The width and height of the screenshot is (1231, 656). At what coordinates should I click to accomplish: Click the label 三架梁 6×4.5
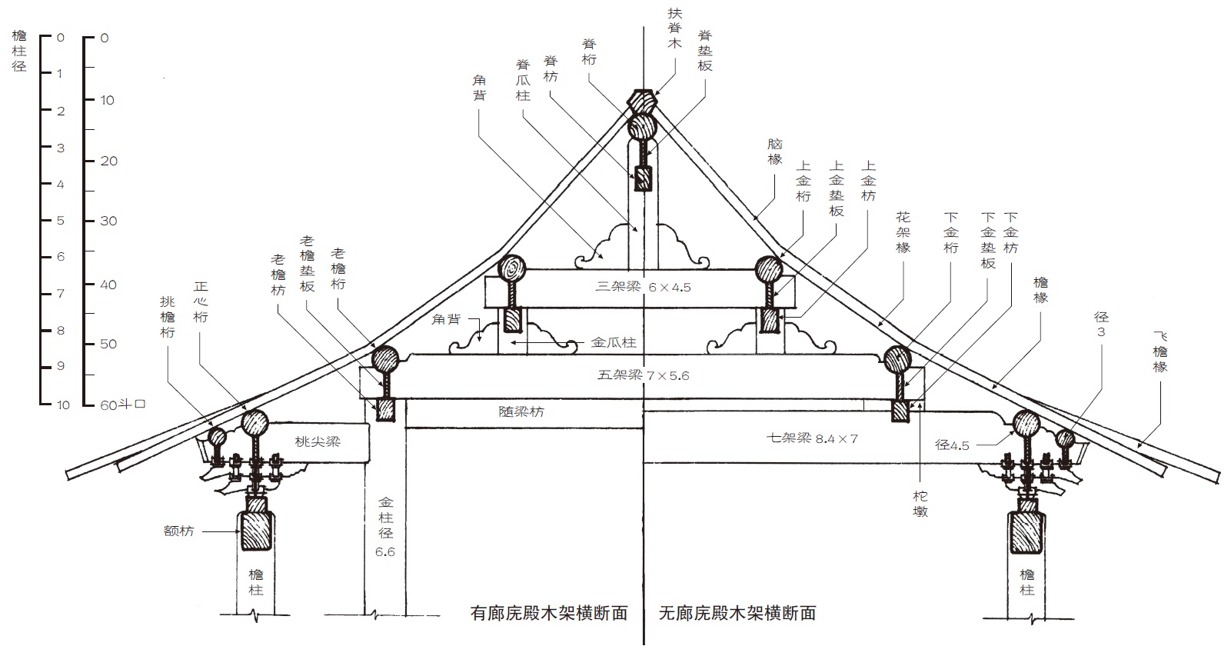point(643,288)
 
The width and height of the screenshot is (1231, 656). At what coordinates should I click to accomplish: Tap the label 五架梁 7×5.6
point(643,375)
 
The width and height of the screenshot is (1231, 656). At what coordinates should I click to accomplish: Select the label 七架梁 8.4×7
point(811,439)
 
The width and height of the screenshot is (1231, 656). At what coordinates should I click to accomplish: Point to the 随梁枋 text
point(521,412)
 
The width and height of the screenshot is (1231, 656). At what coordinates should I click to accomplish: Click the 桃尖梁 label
point(317,441)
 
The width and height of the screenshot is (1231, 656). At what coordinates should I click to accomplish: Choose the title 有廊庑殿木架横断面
point(549,613)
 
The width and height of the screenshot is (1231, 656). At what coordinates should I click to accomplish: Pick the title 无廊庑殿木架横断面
point(737,613)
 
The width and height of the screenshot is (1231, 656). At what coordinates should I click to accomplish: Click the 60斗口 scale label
point(122,405)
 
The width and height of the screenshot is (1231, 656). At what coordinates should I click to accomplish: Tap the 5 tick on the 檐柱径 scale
point(60,221)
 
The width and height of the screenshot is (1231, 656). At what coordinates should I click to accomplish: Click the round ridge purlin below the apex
point(643,127)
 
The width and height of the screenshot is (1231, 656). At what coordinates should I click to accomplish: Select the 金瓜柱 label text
point(614,342)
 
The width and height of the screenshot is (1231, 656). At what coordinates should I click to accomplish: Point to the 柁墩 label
point(920,504)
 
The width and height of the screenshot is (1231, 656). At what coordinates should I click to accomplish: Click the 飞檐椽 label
point(1159,351)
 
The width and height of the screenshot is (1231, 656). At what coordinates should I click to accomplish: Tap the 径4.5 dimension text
point(952,445)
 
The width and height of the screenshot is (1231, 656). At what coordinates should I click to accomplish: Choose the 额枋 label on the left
point(178,531)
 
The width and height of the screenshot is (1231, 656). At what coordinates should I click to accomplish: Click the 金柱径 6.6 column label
point(385,527)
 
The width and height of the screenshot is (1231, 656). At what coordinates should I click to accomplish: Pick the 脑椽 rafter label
point(774,152)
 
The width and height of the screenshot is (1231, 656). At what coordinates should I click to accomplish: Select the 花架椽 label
point(903,232)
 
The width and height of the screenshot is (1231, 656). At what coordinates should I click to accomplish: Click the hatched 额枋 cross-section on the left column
point(256,531)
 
